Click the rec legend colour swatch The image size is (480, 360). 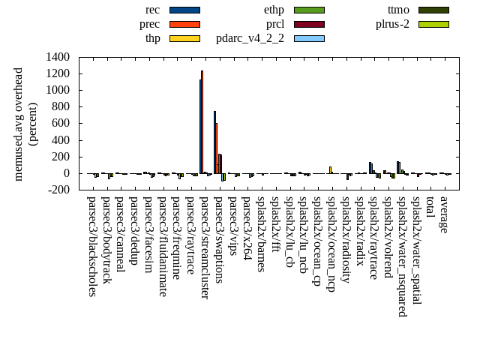tap(184, 10)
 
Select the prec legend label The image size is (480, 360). tap(150, 24)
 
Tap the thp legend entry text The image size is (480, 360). tap(152, 37)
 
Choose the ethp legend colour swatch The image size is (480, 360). tap(309, 10)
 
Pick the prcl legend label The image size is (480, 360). tap(274, 24)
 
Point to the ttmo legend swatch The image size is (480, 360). tap(433, 10)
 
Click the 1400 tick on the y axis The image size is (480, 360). tap(58, 57)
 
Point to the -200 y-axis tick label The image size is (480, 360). tap(58, 190)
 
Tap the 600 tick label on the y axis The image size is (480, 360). tap(61, 124)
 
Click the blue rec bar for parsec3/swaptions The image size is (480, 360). tap(214, 142)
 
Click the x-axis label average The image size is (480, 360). tap(444, 214)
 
